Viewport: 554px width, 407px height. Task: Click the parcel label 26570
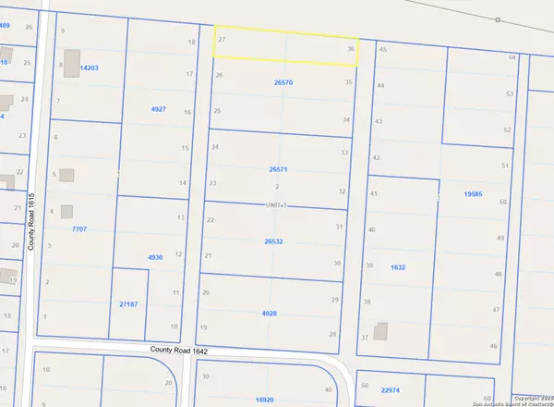pos(283,82)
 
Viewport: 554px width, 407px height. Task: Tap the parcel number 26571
pos(278,170)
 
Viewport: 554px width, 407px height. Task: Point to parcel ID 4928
pos(269,314)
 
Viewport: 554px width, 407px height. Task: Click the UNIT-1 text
pos(277,205)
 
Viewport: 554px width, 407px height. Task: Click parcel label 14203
pos(89,68)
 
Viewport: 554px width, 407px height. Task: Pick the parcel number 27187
pos(128,303)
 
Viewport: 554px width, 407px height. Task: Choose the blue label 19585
pos(473,195)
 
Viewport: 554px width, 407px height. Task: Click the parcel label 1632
pos(398,266)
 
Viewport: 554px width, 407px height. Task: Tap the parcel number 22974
pos(391,390)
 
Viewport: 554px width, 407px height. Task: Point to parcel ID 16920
pos(265,400)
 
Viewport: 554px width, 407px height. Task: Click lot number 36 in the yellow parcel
pos(351,48)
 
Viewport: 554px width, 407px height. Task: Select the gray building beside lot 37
pos(380,330)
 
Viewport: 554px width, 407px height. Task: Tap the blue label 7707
pos(79,228)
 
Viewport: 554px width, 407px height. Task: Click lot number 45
pos(382,48)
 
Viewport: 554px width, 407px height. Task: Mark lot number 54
pos(512,57)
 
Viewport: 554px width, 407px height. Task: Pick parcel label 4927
pos(158,109)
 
